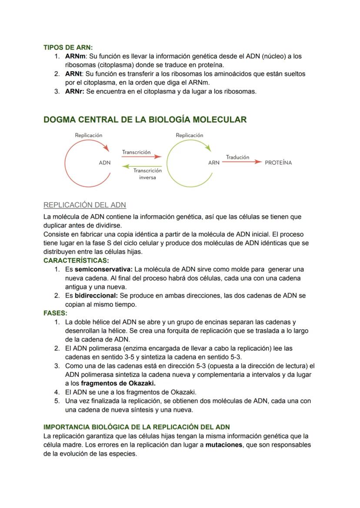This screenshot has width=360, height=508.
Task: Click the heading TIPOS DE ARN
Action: point(68,47)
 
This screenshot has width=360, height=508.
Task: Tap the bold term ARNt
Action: point(74,74)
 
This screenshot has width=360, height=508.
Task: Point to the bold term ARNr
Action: point(75,91)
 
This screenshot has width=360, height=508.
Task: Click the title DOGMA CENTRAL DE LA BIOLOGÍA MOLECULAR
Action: point(145,120)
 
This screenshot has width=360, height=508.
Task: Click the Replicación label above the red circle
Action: point(89,135)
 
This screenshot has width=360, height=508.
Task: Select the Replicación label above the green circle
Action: point(189,135)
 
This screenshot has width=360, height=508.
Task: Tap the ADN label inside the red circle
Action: point(105,163)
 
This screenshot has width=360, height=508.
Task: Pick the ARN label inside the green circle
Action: point(213,163)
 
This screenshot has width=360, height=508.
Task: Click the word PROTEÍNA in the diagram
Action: point(278,163)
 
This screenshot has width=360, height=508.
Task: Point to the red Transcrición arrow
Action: point(141,157)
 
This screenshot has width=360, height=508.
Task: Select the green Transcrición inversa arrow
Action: point(141,166)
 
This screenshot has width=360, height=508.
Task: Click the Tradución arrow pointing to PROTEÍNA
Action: point(241,162)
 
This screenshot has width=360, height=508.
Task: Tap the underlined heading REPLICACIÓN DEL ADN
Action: point(85,205)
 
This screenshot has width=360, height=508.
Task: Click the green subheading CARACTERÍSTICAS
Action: point(76,261)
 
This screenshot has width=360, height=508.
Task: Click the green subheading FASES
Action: point(55,313)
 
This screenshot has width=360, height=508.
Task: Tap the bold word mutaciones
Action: point(223,445)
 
